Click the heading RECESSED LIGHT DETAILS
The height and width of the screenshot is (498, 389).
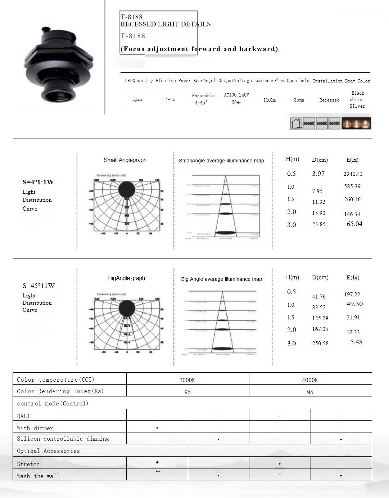[x=166, y=24]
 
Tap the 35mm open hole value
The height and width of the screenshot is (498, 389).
[x=299, y=100]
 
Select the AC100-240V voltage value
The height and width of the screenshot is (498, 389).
[x=236, y=95]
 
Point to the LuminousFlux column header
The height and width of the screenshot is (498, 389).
[x=269, y=81]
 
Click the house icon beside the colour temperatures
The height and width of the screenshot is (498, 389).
[x=296, y=123]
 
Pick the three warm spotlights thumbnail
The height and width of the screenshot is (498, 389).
[x=356, y=123]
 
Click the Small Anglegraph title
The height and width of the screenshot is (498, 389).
[x=125, y=160]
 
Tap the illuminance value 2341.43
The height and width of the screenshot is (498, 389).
[x=353, y=174]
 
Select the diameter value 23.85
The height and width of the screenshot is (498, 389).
[x=318, y=224]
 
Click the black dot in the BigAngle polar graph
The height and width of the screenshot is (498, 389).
[x=127, y=308]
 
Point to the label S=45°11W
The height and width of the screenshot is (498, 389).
[x=39, y=286]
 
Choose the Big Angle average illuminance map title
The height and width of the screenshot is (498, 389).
[x=221, y=279]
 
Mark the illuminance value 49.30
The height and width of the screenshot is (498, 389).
[x=354, y=304]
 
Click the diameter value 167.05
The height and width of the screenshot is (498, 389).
[x=320, y=329]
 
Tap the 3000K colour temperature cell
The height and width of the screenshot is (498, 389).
[x=187, y=380]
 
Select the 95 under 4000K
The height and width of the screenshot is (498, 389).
[x=310, y=392]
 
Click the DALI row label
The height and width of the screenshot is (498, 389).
[x=23, y=416]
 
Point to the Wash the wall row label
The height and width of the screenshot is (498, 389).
[x=38, y=476]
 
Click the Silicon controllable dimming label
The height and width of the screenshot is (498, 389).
[x=63, y=439]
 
